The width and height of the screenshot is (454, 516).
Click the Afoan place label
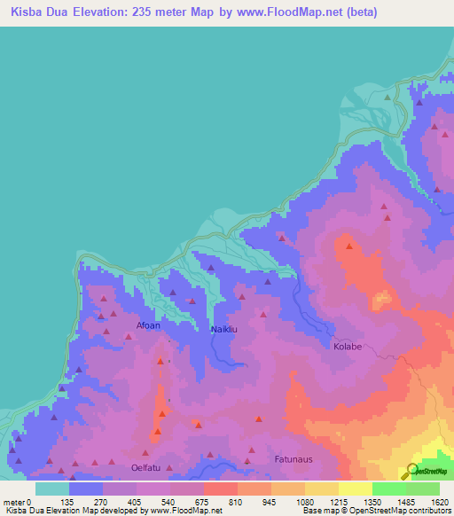coord(148,325)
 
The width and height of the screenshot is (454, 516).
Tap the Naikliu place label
coord(223,330)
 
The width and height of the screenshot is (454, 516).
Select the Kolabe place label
coord(347,346)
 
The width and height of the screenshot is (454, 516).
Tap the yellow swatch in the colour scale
coord(355,489)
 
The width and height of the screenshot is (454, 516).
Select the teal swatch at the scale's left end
coord(52,489)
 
